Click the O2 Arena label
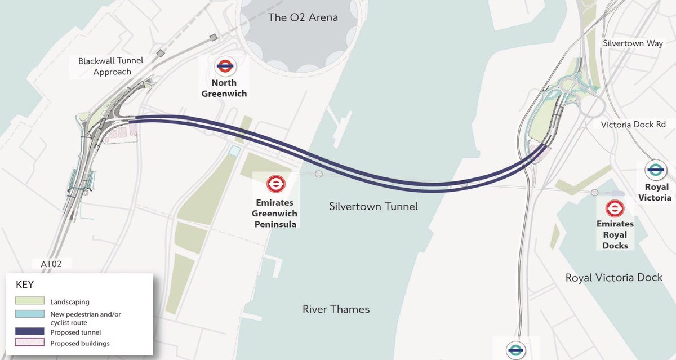(x=303, y=17)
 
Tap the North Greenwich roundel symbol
(x=224, y=66)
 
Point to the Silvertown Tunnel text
(x=373, y=207)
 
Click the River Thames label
(x=336, y=309)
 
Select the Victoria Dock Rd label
(x=633, y=125)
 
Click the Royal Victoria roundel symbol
(x=656, y=170)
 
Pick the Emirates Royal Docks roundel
(x=615, y=208)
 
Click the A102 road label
(x=48, y=264)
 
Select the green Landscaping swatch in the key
(x=28, y=302)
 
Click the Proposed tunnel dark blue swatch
(x=28, y=332)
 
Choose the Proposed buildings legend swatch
(x=28, y=343)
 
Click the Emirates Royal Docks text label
(x=615, y=234)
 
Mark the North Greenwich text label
(x=224, y=88)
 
